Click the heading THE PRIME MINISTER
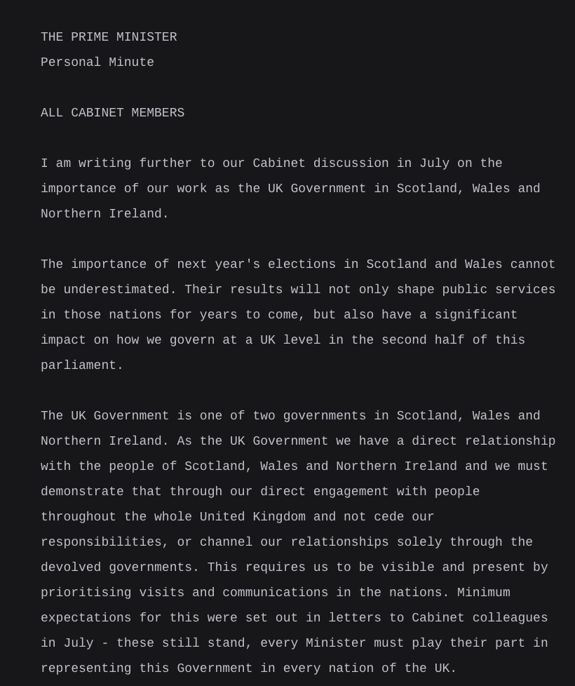109,37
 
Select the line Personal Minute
97,62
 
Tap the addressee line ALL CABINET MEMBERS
112,113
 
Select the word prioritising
86,593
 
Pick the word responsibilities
101,542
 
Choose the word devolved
71,567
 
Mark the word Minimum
483,593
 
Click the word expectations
86,618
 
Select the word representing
86,668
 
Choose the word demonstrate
82,492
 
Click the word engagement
388,492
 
